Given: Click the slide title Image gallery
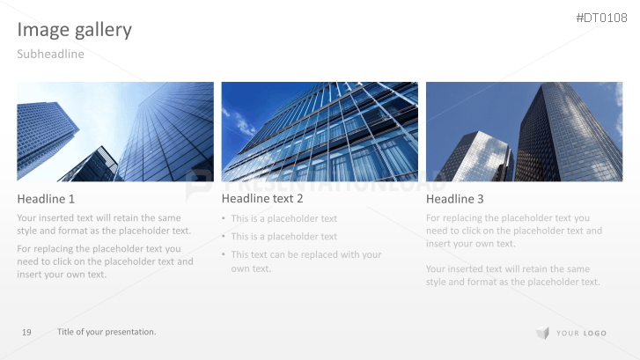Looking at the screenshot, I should point(75,30).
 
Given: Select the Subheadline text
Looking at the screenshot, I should point(50,55).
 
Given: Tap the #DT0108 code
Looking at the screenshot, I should point(601,18).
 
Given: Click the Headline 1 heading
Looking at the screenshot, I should point(46,199).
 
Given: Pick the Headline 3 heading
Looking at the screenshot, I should point(455,199).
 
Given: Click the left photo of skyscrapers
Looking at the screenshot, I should point(115,132).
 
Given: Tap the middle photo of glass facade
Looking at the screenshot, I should point(320,132).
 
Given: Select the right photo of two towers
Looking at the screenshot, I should point(524,132).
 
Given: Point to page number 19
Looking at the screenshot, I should point(26,332).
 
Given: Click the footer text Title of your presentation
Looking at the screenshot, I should point(107,332).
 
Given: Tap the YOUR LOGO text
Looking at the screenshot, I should point(581,333).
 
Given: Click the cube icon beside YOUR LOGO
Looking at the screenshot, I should point(542,333).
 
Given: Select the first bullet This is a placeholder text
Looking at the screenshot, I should point(283,218).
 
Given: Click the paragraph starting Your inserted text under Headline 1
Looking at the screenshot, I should point(104,224).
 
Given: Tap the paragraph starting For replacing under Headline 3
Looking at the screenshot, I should point(513,231).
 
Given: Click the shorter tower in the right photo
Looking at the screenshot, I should point(475,158).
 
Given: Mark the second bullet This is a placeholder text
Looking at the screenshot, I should point(283,236).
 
